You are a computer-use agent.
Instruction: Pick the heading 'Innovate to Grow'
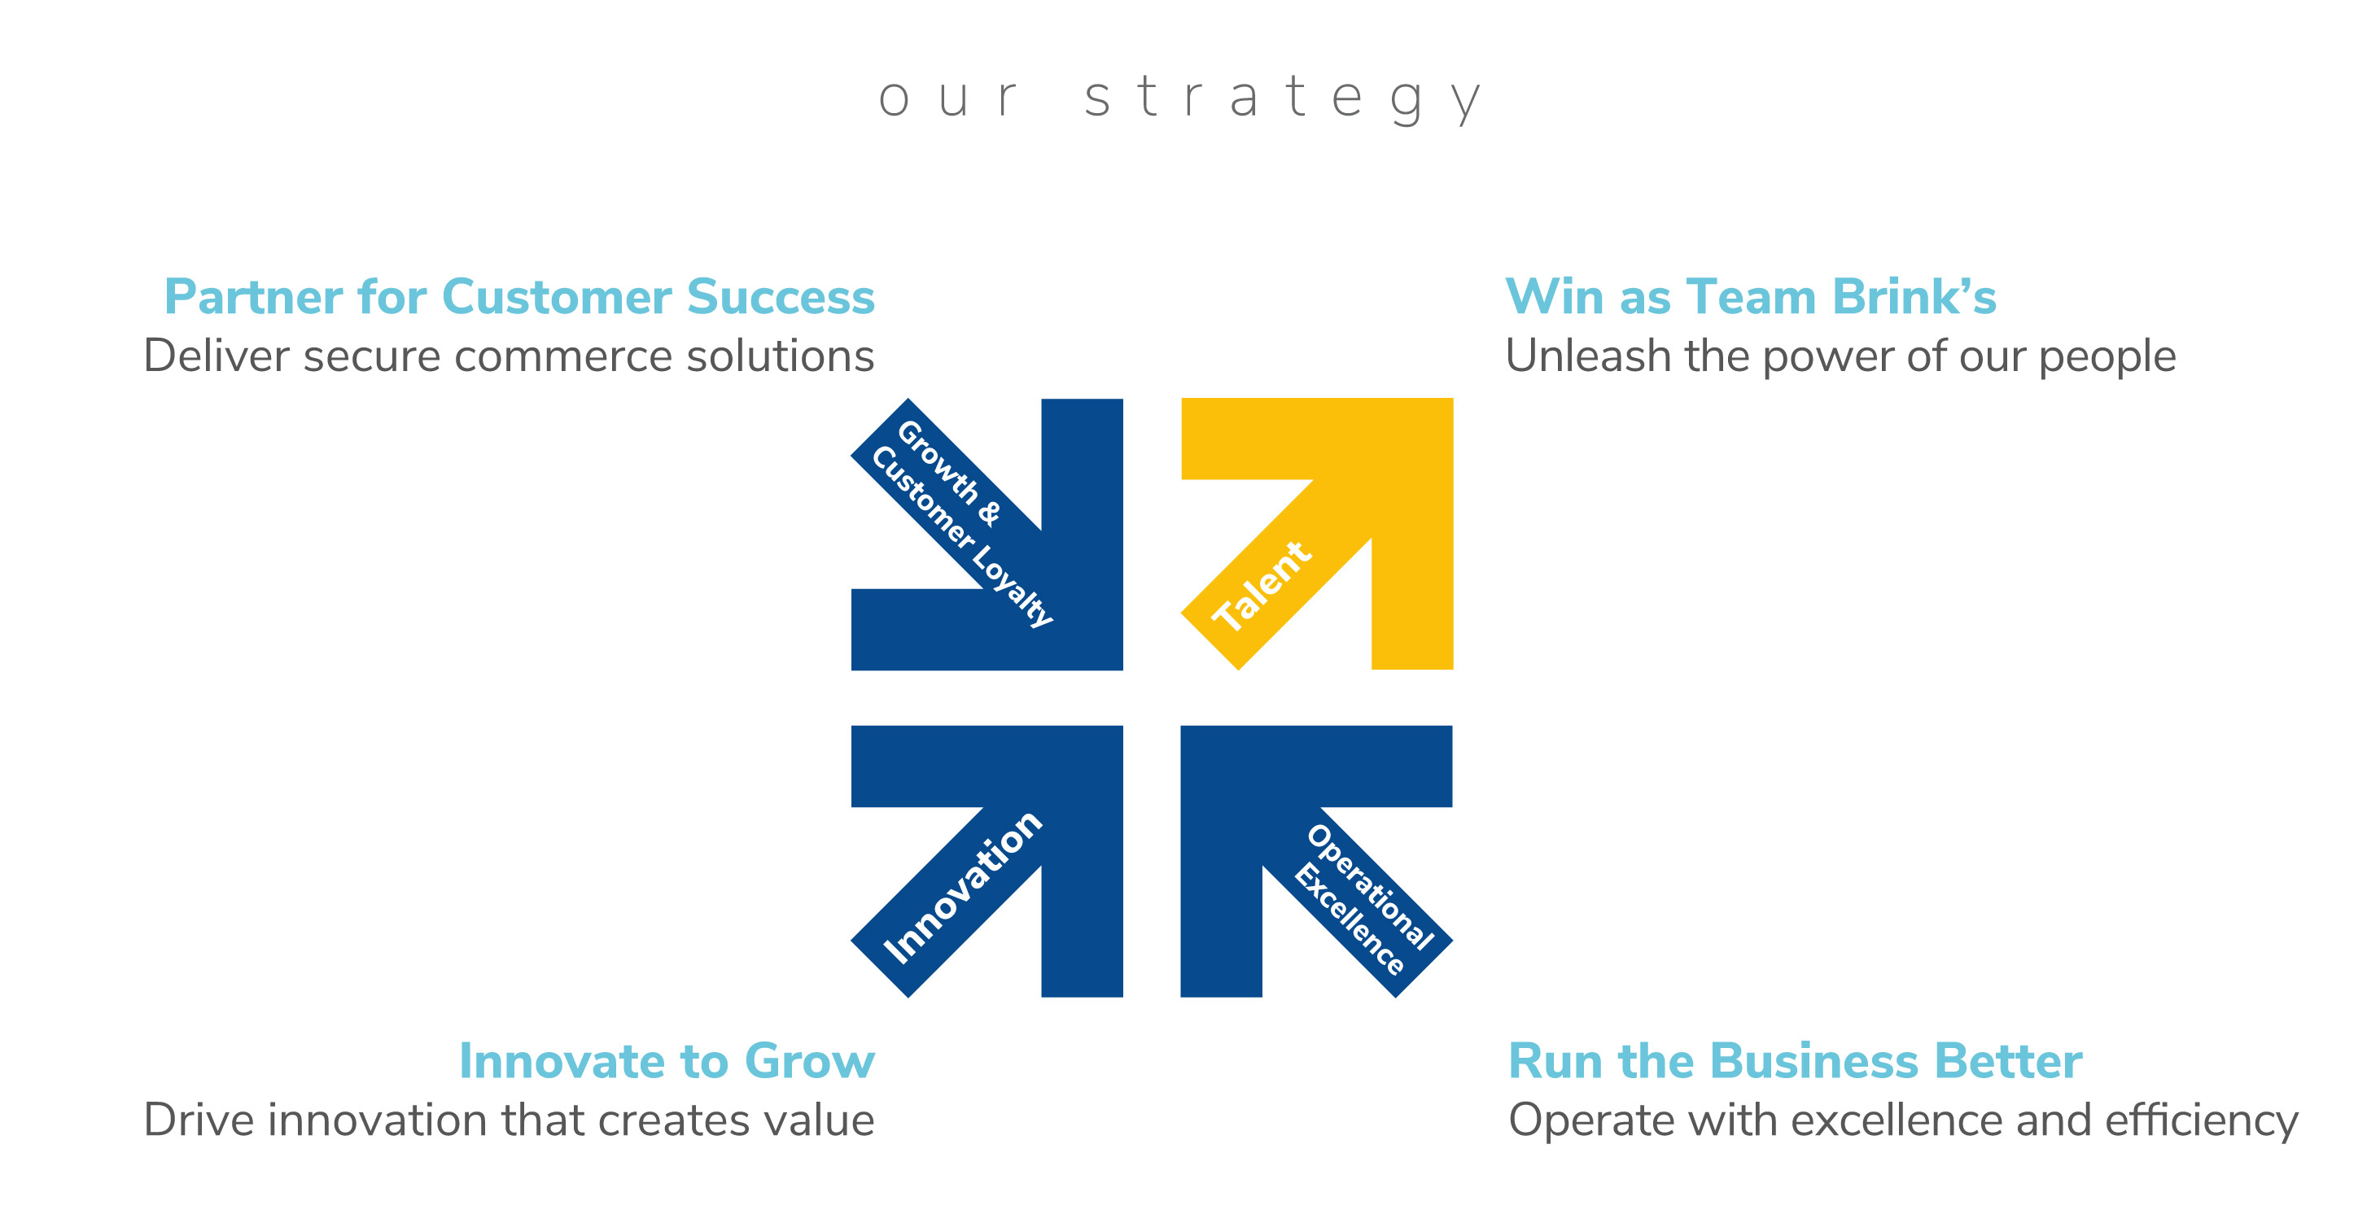click(666, 1061)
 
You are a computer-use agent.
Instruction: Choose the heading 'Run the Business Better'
click(1794, 1061)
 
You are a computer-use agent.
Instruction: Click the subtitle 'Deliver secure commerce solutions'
click(508, 356)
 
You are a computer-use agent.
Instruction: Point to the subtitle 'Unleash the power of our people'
click(1840, 356)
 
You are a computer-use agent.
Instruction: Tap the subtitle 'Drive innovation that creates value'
click(508, 1120)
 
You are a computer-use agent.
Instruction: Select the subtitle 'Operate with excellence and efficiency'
click(1902, 1120)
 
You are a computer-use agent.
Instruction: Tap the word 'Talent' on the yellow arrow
click(1261, 587)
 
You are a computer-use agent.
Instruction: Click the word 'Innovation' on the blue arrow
click(963, 887)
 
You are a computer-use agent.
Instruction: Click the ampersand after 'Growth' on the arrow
click(989, 513)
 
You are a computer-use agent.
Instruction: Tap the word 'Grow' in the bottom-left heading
click(809, 1061)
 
